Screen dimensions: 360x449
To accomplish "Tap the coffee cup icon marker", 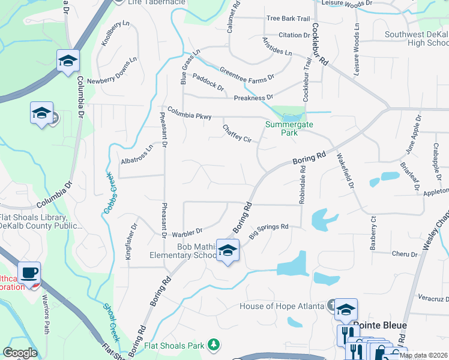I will coord(29,273).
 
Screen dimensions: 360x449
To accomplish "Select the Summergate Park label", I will coord(282,128).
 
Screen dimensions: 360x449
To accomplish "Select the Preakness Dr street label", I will coord(253,97).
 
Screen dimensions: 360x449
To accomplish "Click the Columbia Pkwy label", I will coord(189,113).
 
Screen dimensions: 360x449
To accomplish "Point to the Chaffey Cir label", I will coord(237,133).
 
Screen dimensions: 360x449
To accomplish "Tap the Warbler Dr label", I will coord(187,231).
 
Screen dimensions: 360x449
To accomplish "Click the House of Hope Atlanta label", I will coord(282,306).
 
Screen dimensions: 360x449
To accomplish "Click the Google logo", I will coord(19,353).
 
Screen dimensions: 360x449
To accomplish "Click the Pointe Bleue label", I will coord(379,325).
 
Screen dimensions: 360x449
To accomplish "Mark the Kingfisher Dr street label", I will coord(130,241).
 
